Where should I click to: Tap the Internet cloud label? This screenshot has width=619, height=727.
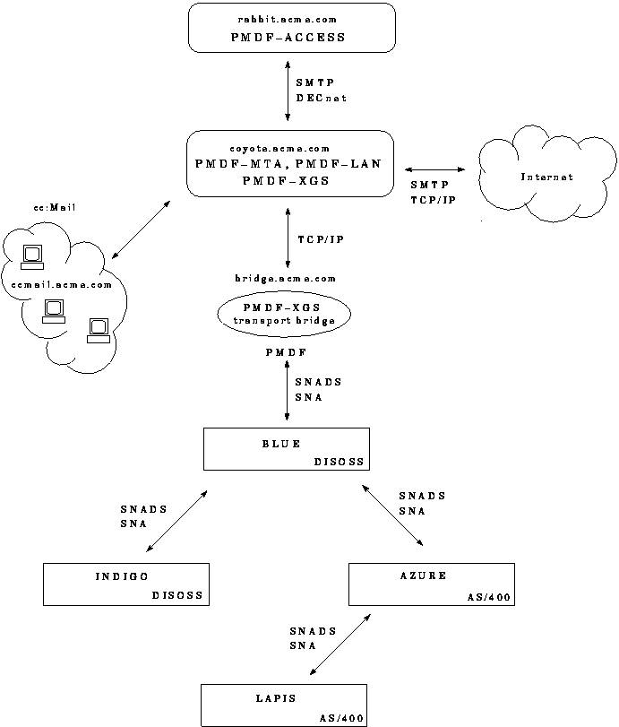tap(546, 177)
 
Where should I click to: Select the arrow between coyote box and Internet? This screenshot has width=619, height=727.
tap(434, 169)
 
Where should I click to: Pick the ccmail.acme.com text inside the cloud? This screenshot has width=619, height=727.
tap(62, 285)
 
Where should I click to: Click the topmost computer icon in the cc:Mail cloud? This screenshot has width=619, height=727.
tap(32, 256)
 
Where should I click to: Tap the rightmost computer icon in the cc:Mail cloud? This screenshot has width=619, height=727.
tap(98, 330)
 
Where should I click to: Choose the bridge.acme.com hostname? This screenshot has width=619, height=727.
tap(286, 280)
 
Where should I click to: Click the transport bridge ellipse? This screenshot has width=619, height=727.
tap(283, 314)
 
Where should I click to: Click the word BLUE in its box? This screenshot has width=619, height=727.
tap(282, 444)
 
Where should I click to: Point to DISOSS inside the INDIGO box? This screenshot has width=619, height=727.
tap(177, 594)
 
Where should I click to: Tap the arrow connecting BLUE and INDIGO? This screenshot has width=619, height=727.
tap(176, 521)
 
